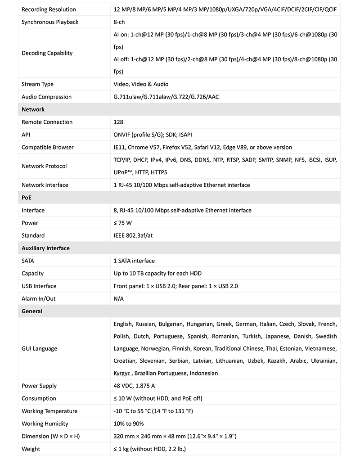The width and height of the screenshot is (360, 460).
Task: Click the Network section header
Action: coord(33,109)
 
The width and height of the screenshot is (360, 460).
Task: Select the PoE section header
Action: coord(27,198)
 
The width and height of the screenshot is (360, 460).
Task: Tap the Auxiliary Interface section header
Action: coord(45,248)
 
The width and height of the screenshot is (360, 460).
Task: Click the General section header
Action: coord(32,311)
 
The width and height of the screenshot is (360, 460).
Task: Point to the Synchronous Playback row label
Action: coord(50,22)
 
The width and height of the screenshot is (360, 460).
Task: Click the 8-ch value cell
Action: coord(120,22)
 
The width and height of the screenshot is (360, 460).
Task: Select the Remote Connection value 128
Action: coord(118,122)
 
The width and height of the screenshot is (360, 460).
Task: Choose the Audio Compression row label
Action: coord(46,97)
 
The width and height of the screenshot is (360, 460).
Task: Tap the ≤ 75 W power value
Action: coord(123,223)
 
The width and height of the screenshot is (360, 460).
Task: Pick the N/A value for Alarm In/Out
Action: coord(119,298)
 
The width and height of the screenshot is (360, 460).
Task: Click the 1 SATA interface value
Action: coord(134,261)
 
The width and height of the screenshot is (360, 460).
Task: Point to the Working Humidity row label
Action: coord(45,424)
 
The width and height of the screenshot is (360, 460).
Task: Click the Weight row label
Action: coord(31,449)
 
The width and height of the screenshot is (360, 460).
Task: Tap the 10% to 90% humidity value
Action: coord(129,424)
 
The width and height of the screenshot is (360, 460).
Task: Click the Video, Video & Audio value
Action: coord(141,84)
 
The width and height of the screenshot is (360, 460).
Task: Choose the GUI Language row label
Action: coord(39,348)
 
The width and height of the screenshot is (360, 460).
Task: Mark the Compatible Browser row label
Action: coord(47,147)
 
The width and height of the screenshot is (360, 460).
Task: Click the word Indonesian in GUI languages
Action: coord(204,373)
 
